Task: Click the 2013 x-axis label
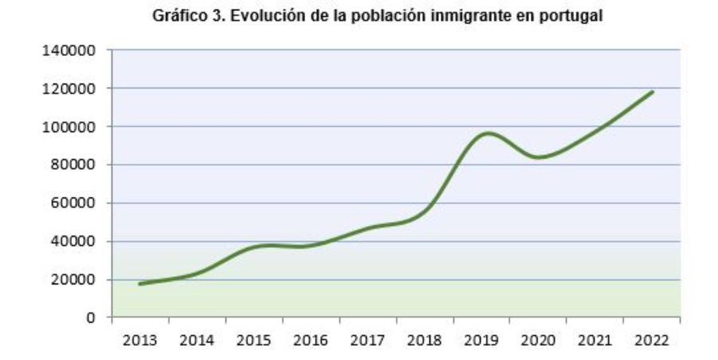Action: click(140, 340)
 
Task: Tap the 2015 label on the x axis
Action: click(253, 340)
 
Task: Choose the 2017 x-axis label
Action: click(367, 340)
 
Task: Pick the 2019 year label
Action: click(481, 340)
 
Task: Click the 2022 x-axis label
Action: click(651, 340)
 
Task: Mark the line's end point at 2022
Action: click(652, 92)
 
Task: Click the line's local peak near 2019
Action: click(487, 133)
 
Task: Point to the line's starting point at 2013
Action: click(140, 284)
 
